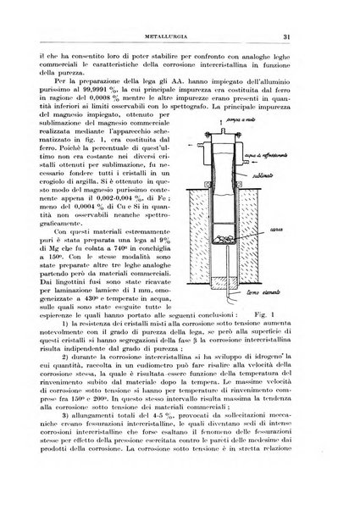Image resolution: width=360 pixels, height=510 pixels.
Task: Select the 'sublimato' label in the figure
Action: pyautogui.click(x=290, y=170)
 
